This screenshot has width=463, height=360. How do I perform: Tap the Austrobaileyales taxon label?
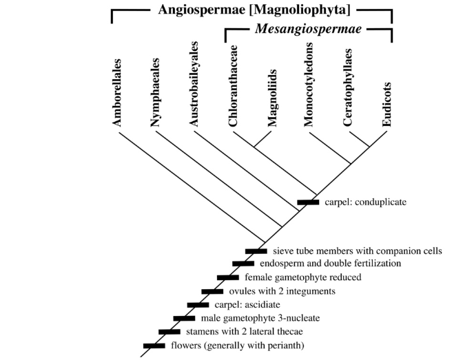pos(194,87)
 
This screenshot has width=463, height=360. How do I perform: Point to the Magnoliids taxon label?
pos(272,103)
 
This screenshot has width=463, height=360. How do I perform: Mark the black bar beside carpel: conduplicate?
pos(308,202)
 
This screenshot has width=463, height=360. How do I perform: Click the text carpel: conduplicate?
pos(367,202)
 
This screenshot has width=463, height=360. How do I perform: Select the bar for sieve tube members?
pos(256,251)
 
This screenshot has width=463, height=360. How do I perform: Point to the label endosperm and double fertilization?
pos(331,264)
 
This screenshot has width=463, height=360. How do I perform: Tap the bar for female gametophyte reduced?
pos(228,277)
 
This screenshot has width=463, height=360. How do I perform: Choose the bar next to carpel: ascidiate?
pos(198,305)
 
